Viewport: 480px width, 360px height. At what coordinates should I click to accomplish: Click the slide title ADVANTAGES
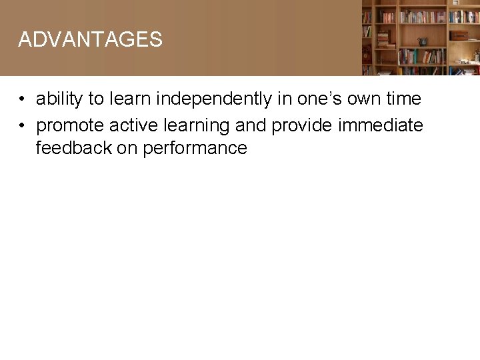(90, 39)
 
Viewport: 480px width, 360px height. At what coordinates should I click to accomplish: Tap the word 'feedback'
(73, 148)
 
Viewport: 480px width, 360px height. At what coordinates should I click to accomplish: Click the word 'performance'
(196, 148)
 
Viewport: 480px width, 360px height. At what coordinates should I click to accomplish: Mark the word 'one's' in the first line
(316, 99)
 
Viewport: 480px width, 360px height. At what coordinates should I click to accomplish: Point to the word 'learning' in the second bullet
(196, 125)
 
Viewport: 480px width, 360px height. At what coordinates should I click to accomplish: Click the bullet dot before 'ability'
(22, 99)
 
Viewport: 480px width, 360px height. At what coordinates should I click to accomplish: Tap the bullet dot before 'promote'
(22, 125)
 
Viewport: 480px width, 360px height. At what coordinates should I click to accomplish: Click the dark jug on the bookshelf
(422, 41)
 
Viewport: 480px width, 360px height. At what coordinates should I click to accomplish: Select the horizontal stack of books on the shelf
(383, 39)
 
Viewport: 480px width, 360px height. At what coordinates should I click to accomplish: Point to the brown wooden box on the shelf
(459, 35)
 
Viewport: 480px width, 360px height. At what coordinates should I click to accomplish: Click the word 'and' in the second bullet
(250, 125)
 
